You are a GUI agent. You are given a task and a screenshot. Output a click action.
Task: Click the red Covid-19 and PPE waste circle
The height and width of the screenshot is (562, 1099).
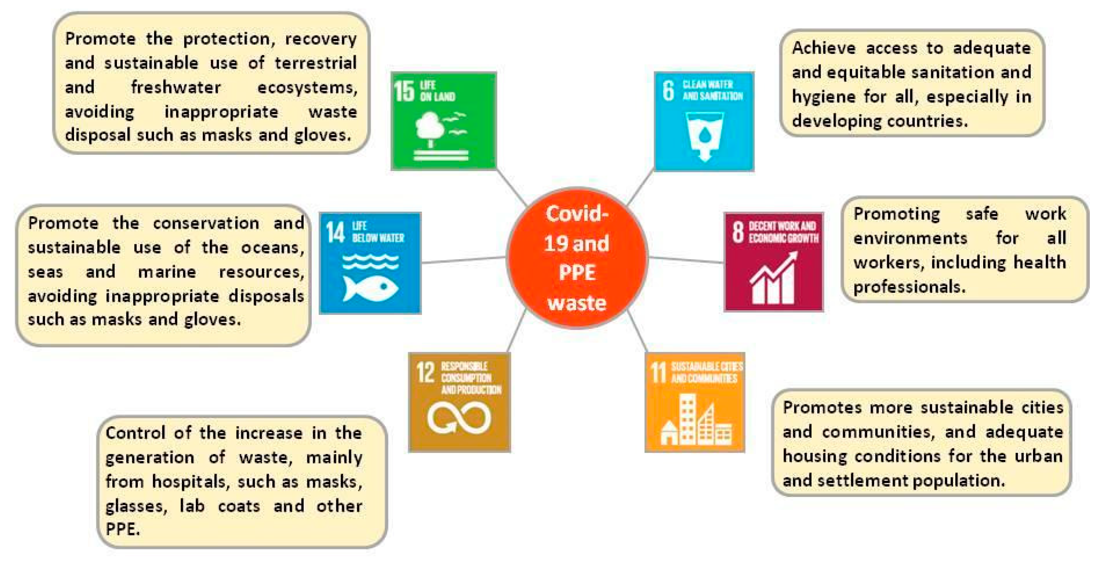[x=577, y=258]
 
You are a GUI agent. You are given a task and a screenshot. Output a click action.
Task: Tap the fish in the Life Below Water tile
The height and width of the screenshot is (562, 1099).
[x=370, y=289]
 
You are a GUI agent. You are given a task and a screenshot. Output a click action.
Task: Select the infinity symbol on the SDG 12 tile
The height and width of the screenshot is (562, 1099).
[x=459, y=417]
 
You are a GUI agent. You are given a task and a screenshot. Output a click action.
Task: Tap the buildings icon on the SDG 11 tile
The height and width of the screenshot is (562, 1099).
[x=695, y=420]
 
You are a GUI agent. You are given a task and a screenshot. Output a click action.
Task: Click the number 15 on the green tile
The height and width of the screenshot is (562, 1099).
[x=404, y=91]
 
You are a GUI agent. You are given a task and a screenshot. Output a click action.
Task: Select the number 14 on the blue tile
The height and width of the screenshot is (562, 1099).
[x=335, y=232]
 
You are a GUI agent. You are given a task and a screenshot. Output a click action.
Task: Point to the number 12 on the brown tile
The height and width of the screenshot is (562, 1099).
[x=425, y=372]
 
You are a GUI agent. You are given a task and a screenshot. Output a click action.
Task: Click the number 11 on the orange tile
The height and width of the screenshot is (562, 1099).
[x=658, y=372]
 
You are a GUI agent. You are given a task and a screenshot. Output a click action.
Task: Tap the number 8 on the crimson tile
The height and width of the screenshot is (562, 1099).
[x=738, y=232]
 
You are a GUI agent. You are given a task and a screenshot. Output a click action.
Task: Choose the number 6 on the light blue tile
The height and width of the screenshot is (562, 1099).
[x=668, y=90]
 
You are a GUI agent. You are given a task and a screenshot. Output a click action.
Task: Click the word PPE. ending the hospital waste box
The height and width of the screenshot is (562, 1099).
[x=122, y=529]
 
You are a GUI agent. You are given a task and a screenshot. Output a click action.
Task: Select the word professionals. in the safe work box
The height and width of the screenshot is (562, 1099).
[x=909, y=287]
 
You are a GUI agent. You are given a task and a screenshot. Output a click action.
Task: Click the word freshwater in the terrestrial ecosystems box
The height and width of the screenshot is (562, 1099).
[x=176, y=88]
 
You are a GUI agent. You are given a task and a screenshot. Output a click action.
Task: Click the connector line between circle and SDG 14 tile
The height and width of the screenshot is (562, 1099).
[x=463, y=260]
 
